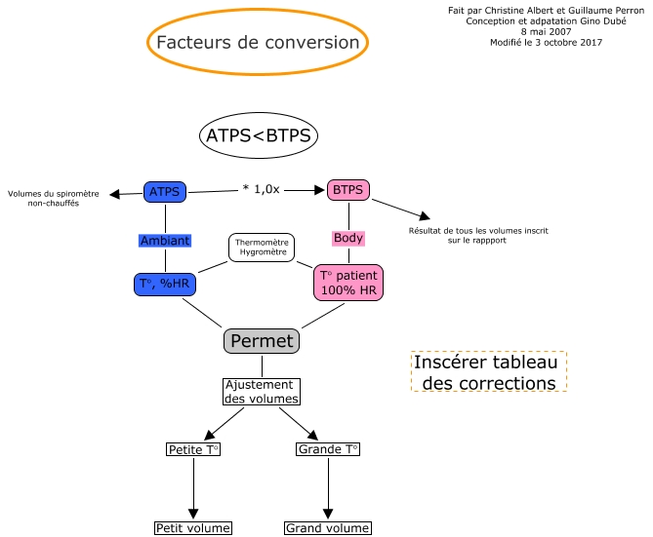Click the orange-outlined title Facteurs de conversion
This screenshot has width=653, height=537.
pos(258,43)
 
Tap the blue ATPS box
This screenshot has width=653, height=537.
pos(165,191)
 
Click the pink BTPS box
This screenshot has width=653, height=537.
pos(347,190)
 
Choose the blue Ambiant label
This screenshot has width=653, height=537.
pos(165,241)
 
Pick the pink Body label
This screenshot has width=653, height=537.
pos(348,238)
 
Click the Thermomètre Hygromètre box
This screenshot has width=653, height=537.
pos(261,248)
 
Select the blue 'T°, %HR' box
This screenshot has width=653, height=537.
pos(165,285)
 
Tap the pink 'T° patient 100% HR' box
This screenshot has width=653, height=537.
pos(348,284)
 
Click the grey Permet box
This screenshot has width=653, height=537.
pos(261,341)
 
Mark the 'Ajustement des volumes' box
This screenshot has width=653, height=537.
pos(261,391)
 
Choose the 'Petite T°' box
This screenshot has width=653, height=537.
pos(193,449)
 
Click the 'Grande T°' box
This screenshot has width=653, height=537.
pos(327,449)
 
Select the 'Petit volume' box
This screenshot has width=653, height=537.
pos(193,528)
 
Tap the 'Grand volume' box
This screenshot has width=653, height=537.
pos(327,528)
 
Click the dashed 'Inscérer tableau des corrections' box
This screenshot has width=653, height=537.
pos(489,372)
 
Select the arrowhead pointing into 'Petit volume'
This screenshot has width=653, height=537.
pos(193,514)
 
